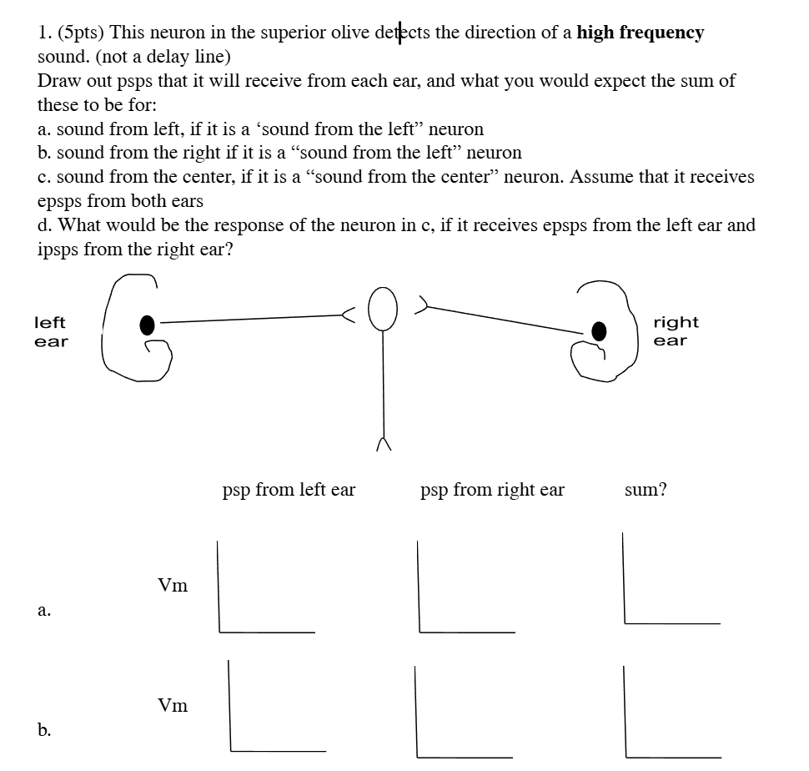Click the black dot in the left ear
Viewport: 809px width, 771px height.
(147, 322)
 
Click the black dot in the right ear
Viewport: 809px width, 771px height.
(599, 330)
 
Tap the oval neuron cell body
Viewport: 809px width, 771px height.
(382, 309)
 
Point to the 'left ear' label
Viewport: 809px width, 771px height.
(50, 331)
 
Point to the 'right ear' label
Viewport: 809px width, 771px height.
(676, 331)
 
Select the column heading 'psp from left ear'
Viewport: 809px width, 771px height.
(289, 490)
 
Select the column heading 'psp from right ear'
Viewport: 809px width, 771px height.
(492, 490)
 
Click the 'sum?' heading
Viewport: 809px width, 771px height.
(646, 490)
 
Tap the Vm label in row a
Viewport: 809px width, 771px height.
(173, 586)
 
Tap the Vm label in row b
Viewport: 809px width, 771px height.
(173, 706)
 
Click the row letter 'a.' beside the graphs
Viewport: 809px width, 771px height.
(44, 610)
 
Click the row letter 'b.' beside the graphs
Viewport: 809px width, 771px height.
(44, 730)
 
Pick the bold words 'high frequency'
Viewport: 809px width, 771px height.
(641, 33)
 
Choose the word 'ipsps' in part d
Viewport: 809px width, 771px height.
(60, 249)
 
